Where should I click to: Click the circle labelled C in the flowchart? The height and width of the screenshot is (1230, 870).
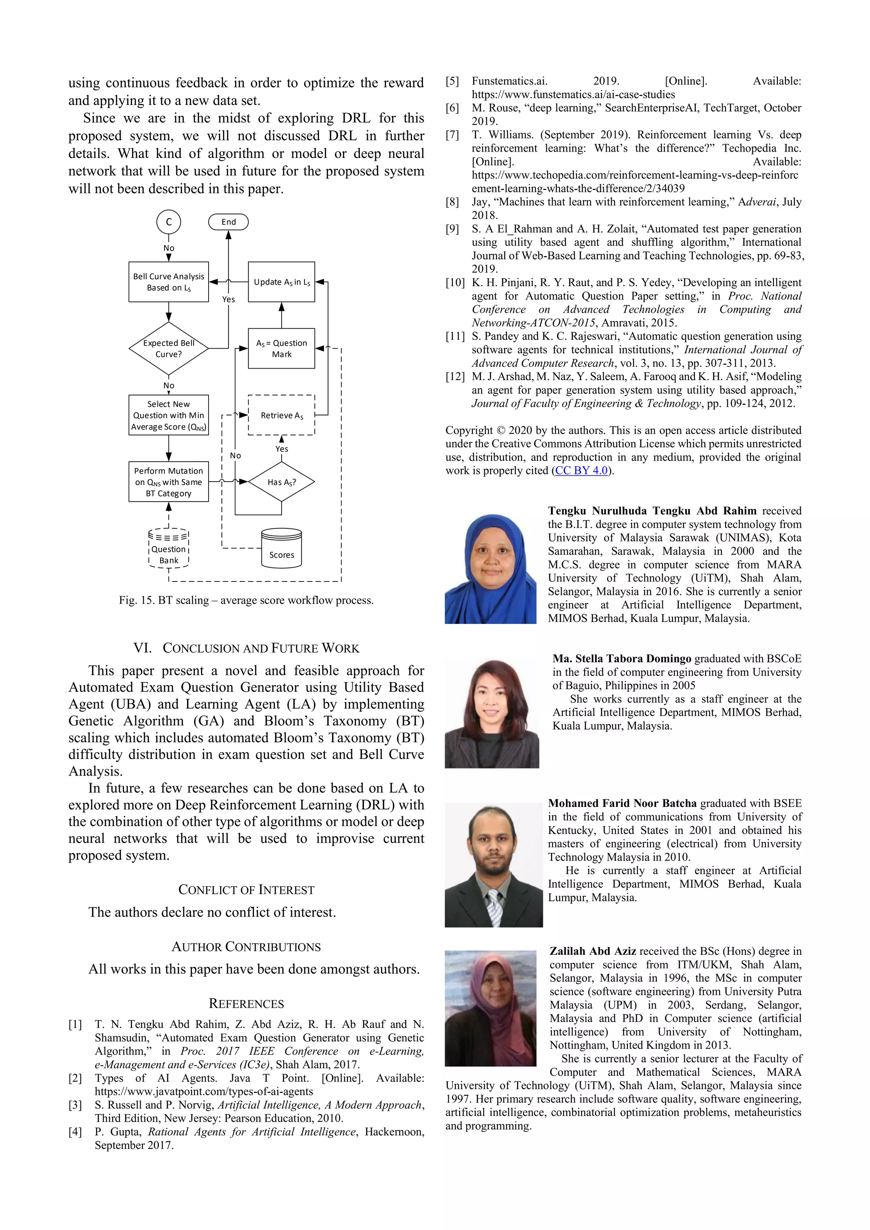[169, 222]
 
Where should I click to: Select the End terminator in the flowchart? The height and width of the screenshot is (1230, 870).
[228, 222]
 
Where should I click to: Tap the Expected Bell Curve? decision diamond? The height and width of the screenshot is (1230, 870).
[169, 348]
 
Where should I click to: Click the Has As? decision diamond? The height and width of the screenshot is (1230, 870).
[282, 482]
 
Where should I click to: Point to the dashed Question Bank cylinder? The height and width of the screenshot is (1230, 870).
[169, 548]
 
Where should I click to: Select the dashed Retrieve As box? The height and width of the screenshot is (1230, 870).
[282, 415]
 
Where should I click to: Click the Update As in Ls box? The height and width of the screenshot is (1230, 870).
[282, 282]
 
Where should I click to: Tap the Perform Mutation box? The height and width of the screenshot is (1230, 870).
[169, 482]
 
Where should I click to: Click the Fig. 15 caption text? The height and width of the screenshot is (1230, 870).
[246, 600]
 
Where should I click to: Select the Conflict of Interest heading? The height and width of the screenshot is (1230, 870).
[246, 890]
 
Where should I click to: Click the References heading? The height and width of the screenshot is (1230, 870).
[246, 1003]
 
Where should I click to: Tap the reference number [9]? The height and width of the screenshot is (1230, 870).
[453, 229]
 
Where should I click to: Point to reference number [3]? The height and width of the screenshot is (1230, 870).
[75, 1105]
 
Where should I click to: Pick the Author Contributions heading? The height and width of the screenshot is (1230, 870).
[246, 947]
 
